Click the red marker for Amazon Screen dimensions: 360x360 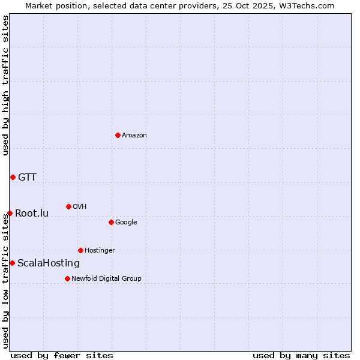coord(118,135)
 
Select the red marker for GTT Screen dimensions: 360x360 coord(13,177)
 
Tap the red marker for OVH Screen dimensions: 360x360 coord(68,206)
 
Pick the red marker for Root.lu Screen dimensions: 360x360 coord(10,213)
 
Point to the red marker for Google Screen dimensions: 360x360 coord(111,222)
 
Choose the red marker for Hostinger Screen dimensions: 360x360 coord(80,250)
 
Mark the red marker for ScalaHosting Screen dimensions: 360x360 coord(12,263)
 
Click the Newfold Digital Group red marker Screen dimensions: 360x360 coord(67,278)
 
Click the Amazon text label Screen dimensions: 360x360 coord(134,136)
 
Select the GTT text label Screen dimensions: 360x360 coord(27,177)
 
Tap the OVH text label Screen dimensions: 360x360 coord(80,207)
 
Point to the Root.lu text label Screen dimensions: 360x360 coord(32,214)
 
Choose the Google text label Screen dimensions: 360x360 coord(126,223)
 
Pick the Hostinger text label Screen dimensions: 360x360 coord(100,251)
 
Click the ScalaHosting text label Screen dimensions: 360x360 coord(49,263)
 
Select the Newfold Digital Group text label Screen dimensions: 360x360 coord(106,279)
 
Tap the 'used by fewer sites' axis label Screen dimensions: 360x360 coord(62,355)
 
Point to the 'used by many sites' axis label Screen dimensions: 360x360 coord(301,355)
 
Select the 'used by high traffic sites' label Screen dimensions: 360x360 coord(5,85)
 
